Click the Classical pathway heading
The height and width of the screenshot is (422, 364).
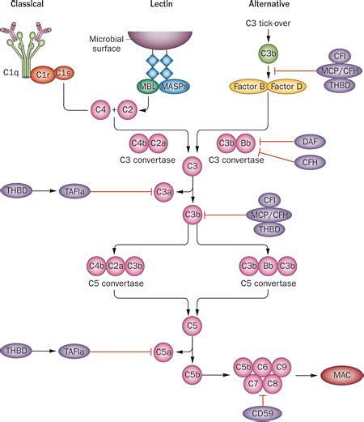[x=22, y=6]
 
